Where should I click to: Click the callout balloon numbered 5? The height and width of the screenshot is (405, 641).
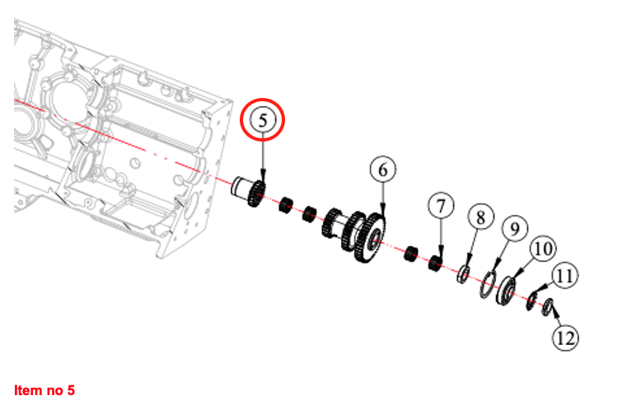[x=263, y=120]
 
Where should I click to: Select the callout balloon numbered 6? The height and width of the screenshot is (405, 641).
[x=382, y=170]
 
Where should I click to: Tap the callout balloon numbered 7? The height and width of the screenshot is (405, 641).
[x=441, y=206]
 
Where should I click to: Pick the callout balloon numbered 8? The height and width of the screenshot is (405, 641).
[x=481, y=217]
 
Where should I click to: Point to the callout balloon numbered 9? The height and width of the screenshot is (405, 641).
[x=515, y=229]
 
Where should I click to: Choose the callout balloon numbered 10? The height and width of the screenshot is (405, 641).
[x=543, y=249]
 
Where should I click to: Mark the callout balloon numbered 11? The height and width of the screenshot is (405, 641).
[x=565, y=276]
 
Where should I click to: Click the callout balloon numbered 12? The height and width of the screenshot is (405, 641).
[x=566, y=337]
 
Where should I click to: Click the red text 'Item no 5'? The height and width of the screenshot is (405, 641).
[x=44, y=390]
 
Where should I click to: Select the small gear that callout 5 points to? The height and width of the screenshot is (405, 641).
[x=257, y=193]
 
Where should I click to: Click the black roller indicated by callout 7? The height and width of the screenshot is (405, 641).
[x=435, y=263]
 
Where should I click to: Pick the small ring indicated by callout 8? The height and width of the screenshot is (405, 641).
[x=463, y=273]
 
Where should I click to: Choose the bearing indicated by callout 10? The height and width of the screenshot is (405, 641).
[x=506, y=291]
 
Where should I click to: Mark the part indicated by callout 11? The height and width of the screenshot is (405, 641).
[x=531, y=301]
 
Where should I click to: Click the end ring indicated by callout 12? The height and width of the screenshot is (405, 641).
[x=547, y=307]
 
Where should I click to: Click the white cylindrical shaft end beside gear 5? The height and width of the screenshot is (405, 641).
[x=240, y=187]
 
